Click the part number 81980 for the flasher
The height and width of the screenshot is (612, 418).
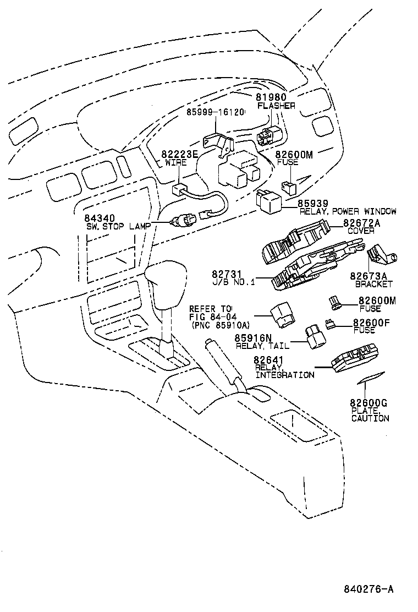pos(271,97)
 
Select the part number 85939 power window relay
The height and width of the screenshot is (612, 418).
pos(313,203)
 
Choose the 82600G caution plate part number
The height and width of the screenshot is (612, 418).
pos(369,403)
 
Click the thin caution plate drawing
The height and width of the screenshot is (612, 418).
pos(370,379)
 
